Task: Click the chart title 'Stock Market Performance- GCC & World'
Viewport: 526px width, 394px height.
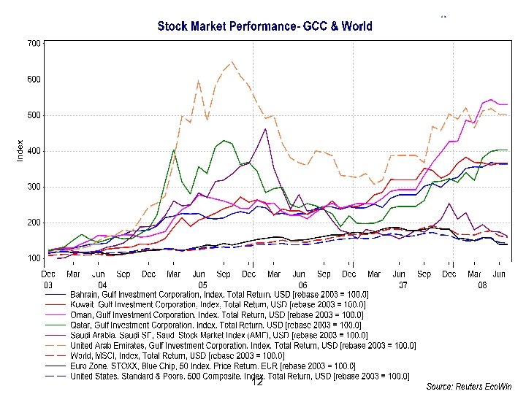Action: [265, 26]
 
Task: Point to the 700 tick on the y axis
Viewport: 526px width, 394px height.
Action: [34, 44]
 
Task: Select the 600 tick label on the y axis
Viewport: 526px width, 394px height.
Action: [34, 80]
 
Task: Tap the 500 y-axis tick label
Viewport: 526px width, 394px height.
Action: [34, 115]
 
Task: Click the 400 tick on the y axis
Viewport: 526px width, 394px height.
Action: [34, 151]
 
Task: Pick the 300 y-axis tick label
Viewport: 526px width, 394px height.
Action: [34, 187]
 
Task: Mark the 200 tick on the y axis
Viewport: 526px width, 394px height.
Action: [34, 223]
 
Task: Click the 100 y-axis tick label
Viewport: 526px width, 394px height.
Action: [34, 258]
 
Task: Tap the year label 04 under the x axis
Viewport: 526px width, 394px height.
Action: [102, 285]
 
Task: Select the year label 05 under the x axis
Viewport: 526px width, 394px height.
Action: [202, 285]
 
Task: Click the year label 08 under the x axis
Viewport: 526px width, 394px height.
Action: [482, 285]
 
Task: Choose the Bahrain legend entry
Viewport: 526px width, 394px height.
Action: [219, 294]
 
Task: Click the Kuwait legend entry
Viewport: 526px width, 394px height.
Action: [219, 304]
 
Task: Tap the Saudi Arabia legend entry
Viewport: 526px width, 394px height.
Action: [219, 335]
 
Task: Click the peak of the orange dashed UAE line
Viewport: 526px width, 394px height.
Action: [232, 62]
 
